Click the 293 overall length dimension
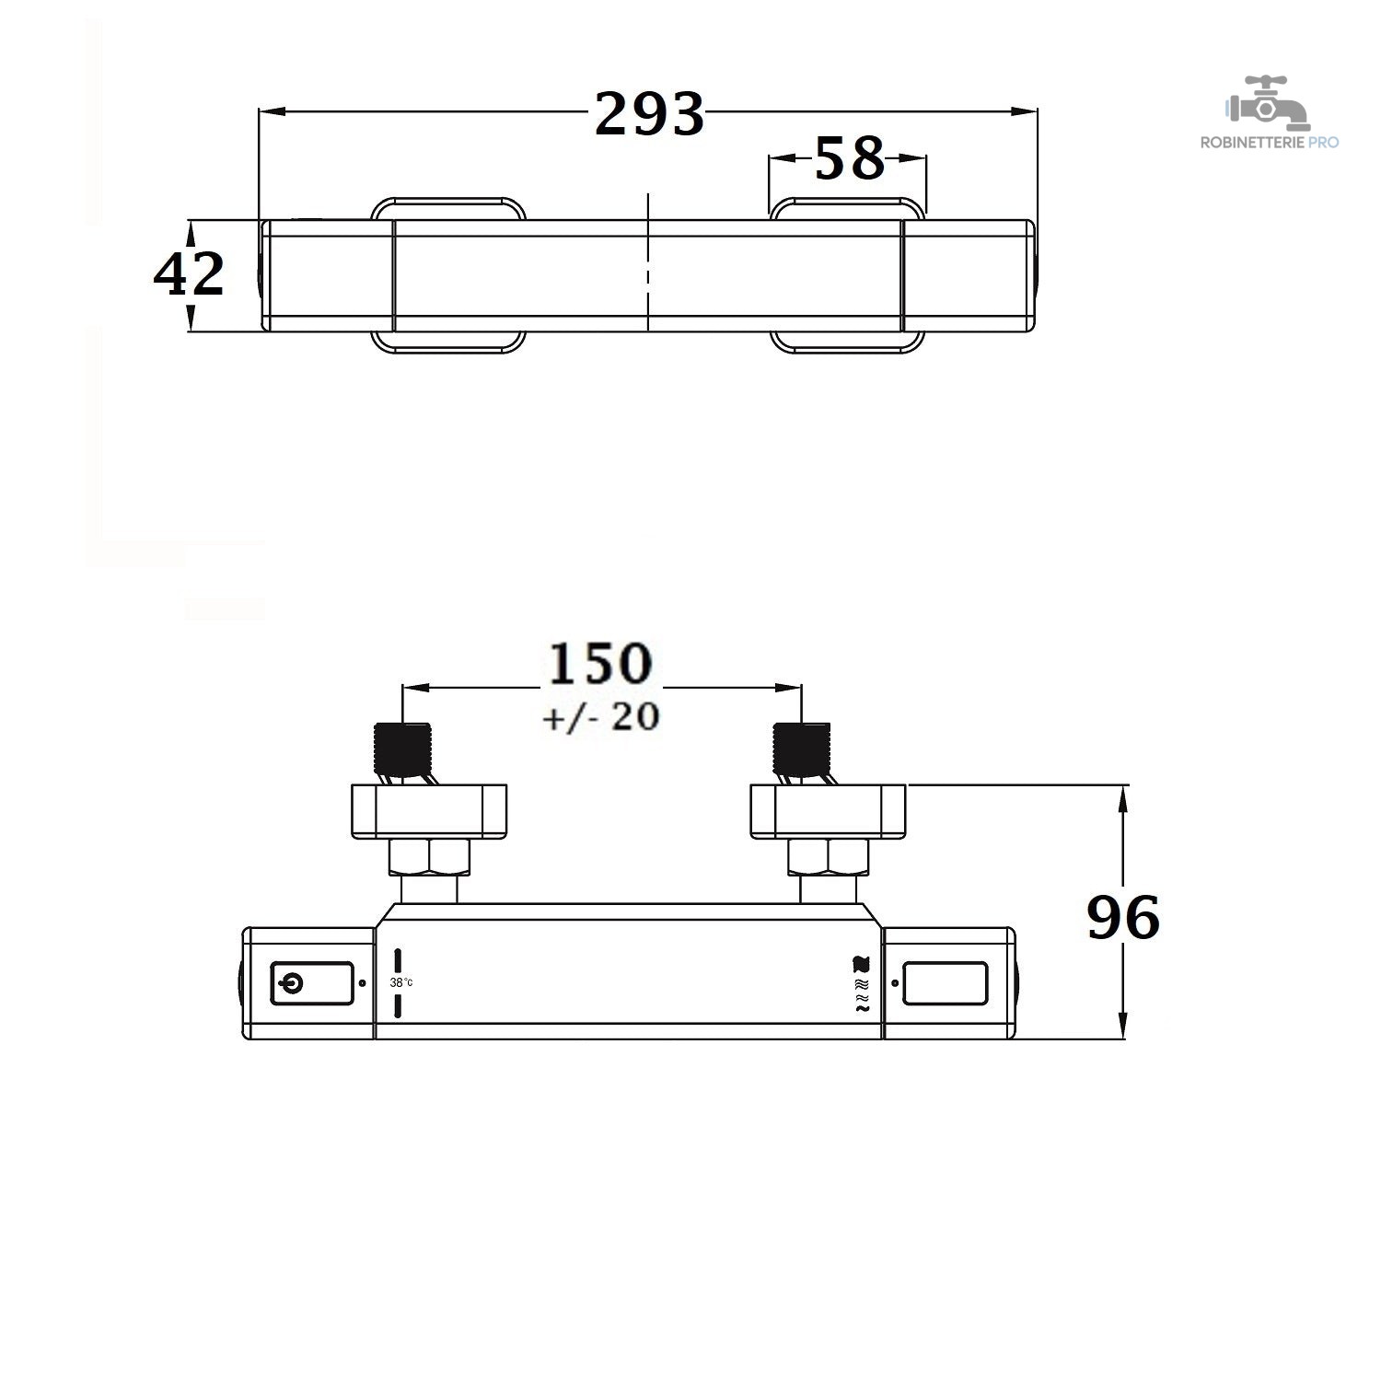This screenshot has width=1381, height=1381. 649,113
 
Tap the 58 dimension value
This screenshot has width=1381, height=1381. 849,157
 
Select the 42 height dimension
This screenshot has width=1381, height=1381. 189,273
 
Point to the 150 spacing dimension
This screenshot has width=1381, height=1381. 600,664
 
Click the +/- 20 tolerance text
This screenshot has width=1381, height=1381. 600,716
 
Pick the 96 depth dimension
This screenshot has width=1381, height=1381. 1123,917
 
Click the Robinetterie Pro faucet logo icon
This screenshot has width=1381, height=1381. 1267,103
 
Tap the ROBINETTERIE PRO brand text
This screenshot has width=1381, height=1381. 1269,142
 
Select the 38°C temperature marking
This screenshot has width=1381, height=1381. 401,982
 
